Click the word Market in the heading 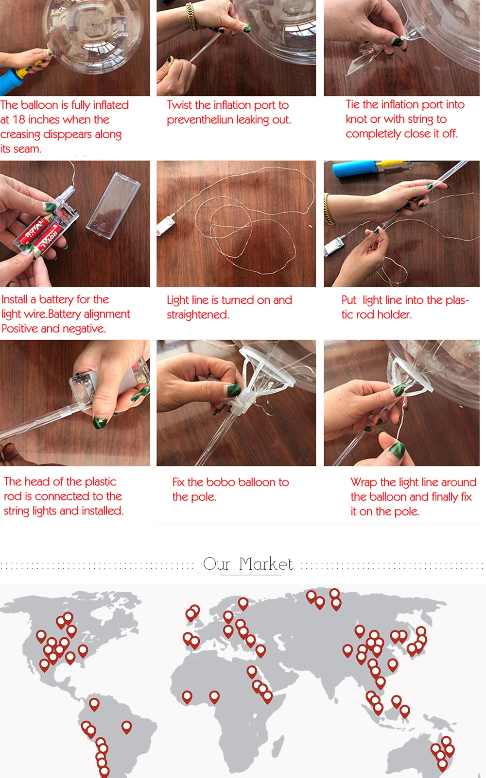click(266, 563)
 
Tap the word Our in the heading click(216, 563)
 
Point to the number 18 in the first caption click(19, 120)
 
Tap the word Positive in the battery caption click(20, 329)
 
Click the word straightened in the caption click(198, 315)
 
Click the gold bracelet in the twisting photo click(191, 16)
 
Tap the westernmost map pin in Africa click(187, 697)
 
